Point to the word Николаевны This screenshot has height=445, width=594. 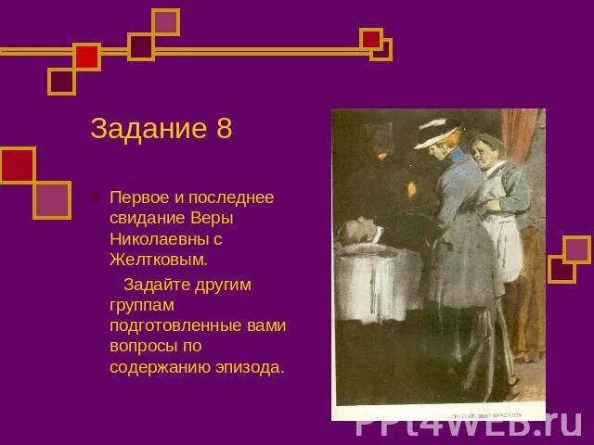(153, 239)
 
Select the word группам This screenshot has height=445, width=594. (142, 304)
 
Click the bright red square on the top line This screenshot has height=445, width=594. (86, 57)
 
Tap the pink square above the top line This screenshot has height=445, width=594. (165, 21)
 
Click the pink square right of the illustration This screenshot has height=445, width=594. (577, 249)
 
